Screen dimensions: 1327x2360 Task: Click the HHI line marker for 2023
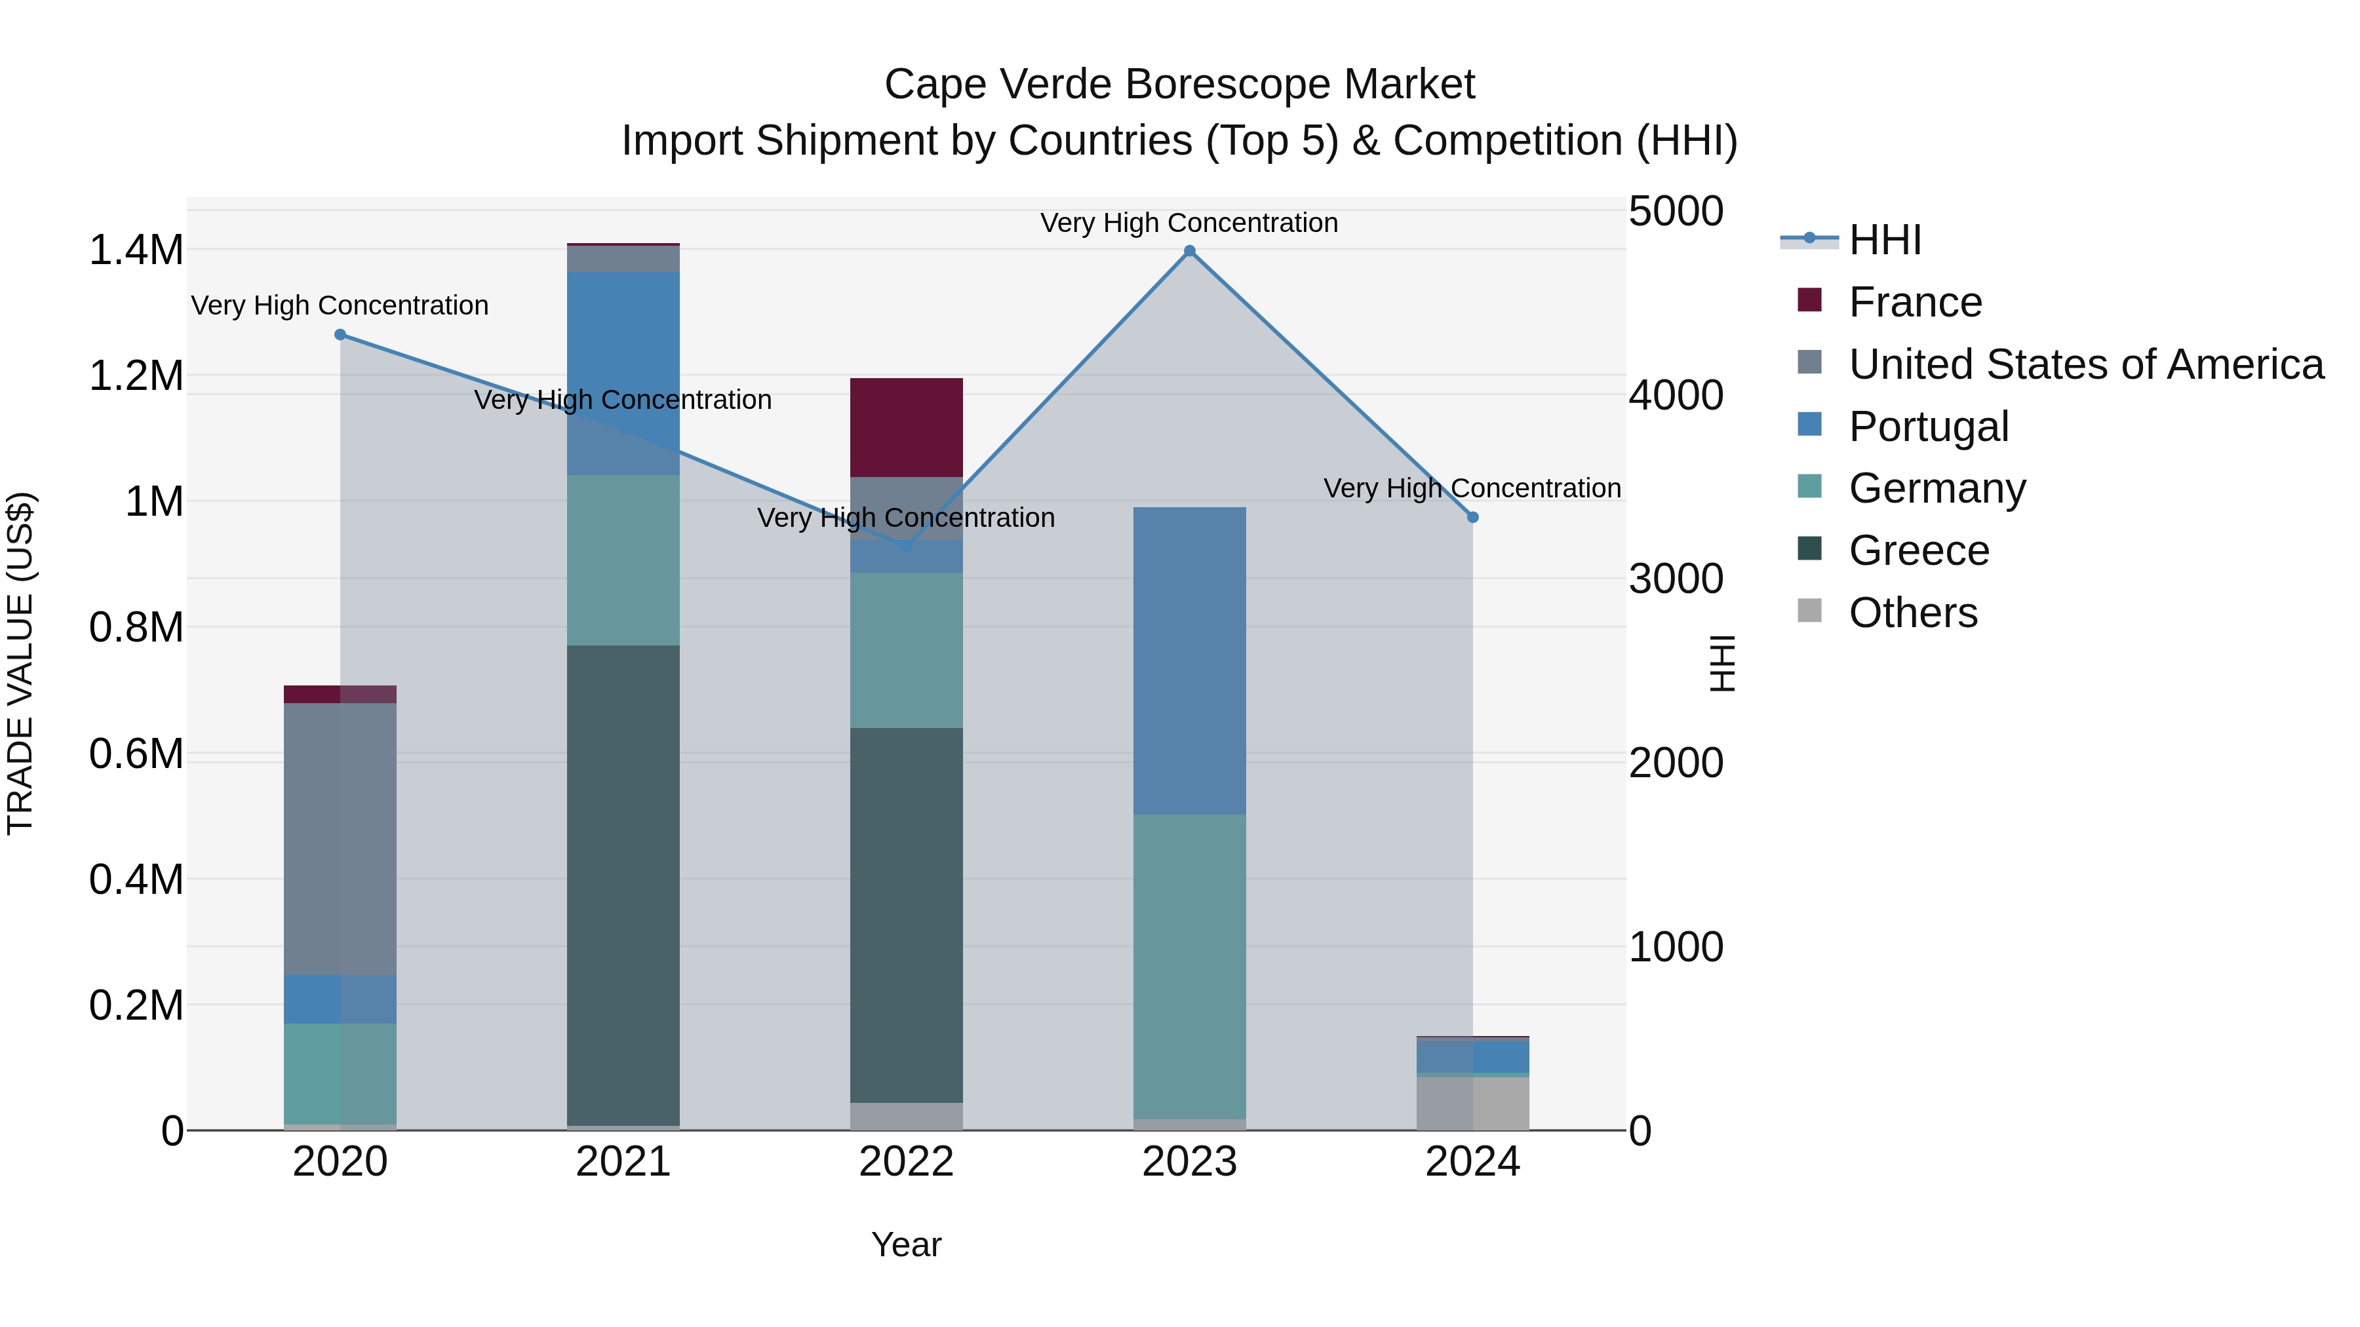(1189, 251)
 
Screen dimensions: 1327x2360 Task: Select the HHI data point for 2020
(340, 334)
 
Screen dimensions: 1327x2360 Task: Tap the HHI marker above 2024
(1472, 518)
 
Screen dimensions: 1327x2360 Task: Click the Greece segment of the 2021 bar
(623, 884)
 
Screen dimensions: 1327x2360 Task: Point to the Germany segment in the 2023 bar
(1189, 966)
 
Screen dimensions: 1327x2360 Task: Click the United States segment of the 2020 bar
(340, 838)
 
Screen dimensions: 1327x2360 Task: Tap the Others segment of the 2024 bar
(1472, 1103)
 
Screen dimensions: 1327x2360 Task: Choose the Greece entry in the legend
(1918, 550)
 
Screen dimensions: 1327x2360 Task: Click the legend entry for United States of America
(2085, 364)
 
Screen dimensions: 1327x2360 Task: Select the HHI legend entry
(1885, 240)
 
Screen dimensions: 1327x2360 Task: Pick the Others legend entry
(1912, 613)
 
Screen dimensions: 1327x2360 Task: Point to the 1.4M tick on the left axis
(136, 250)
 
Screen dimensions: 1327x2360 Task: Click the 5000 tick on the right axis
(1676, 212)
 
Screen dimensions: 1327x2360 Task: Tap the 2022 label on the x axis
(906, 1162)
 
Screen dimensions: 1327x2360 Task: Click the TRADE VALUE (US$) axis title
(20, 663)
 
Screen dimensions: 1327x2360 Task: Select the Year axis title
(906, 1244)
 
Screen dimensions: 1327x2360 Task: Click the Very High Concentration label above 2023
(1189, 223)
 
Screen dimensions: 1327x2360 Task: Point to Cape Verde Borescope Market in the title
(1179, 85)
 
